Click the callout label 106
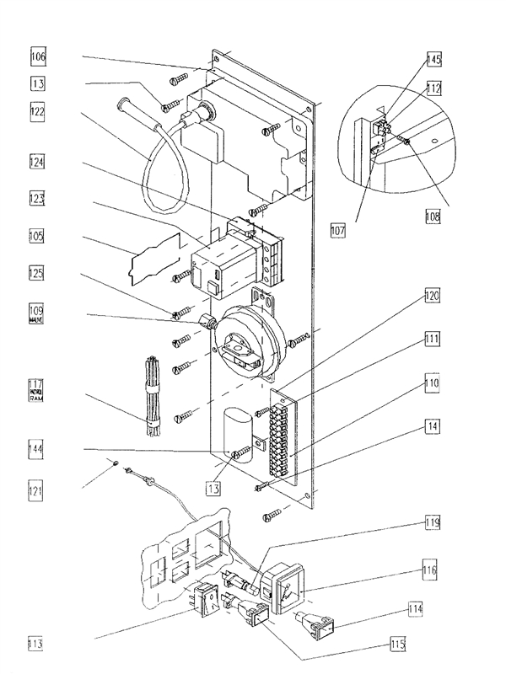pos(39,57)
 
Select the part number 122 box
pos(39,112)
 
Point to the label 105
pos(39,237)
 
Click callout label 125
pos(39,275)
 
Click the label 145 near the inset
pos(433,60)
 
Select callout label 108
pos(433,216)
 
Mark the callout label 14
pos(433,428)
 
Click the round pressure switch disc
pos(248,337)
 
